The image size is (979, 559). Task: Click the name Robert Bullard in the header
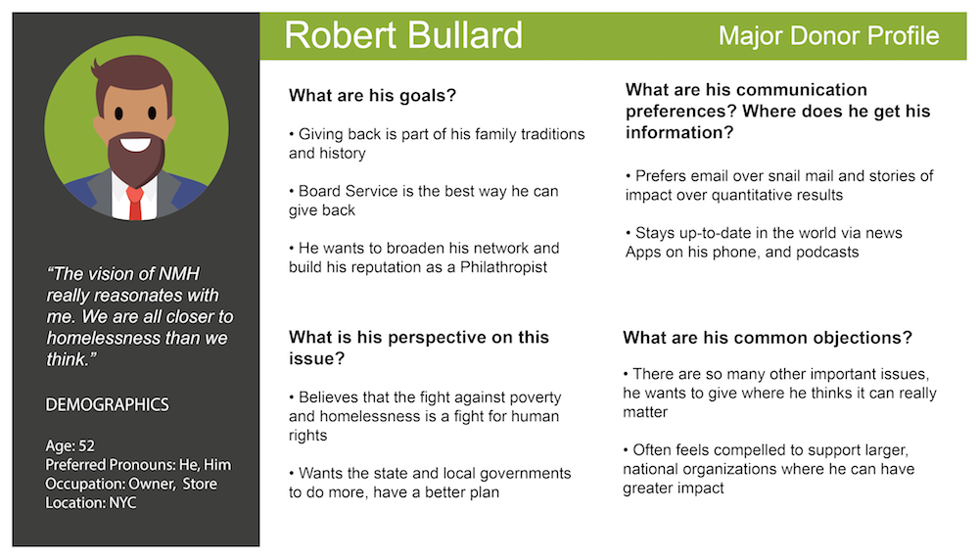[403, 35]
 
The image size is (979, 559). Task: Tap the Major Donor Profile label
[828, 35]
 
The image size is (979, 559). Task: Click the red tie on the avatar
[135, 203]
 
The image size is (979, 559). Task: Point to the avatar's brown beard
[135, 160]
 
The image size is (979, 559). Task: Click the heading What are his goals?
[372, 96]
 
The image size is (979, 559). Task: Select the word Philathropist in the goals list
[503, 267]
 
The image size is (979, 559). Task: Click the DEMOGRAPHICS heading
[107, 404]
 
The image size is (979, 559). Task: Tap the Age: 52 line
[70, 446]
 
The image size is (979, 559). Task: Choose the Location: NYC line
[90, 503]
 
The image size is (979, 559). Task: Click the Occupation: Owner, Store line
[131, 484]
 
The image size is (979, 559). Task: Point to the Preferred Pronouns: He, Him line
[138, 465]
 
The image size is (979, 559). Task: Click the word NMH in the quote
[178, 273]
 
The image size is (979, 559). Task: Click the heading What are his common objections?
[768, 338]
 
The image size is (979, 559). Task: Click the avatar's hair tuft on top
[96, 67]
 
